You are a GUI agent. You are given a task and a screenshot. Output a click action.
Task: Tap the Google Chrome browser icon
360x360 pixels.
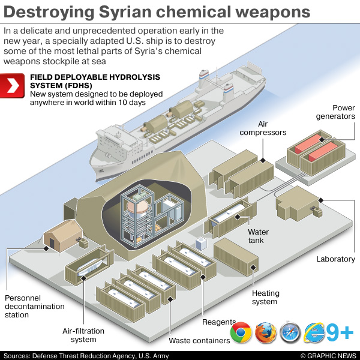click(241, 332)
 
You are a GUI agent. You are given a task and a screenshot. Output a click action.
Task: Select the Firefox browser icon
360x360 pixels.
click(265, 332)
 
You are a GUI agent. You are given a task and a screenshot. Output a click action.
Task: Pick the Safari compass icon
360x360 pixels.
click(290, 332)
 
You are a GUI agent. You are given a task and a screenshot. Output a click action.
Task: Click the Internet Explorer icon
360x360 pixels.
click(315, 332)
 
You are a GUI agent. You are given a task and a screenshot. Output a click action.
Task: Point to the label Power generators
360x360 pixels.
click(335, 112)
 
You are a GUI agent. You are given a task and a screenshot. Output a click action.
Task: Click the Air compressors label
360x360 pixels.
click(263, 128)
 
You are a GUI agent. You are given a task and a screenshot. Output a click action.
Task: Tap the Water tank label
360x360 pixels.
click(259, 236)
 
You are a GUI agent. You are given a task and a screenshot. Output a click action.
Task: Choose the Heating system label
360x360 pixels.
click(265, 298)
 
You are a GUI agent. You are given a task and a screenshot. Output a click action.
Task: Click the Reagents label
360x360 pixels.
click(219, 322)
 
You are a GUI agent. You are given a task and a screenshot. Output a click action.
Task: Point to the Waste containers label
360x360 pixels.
click(199, 341)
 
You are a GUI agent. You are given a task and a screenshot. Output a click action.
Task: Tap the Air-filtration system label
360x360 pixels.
click(83, 335)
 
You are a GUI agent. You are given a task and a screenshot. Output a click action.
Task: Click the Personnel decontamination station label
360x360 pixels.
click(34, 306)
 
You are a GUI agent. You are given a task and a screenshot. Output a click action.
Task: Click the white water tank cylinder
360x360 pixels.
click(231, 213)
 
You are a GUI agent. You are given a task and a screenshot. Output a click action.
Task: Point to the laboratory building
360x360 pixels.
click(298, 205)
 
